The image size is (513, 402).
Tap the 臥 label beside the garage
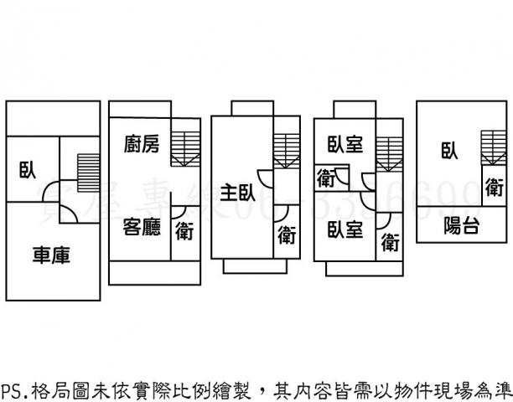coord(28,171)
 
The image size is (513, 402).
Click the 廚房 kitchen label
coord(141,145)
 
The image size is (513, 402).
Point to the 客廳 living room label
coord(141,227)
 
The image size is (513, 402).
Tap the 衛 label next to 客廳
coord(184,230)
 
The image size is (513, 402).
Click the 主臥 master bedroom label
coord(238,193)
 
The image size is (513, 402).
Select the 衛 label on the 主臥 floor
coord(287,236)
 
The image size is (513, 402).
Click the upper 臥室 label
coord(345,144)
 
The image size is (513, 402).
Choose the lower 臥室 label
coord(345,229)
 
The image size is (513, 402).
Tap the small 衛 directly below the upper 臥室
coord(325,178)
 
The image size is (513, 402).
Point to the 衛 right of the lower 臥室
coord(389,243)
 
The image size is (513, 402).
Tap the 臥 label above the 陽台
coord(449,151)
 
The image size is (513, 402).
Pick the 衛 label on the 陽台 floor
coord(494,186)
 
